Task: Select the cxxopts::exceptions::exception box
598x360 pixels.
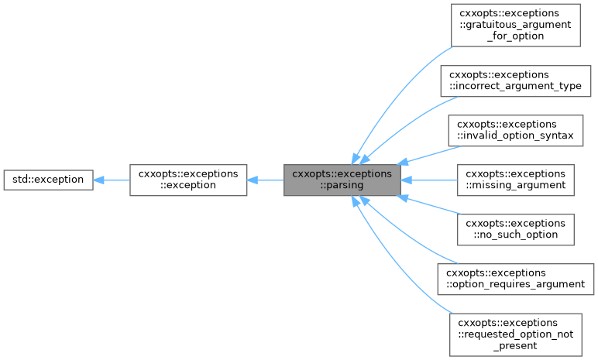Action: pos(188,180)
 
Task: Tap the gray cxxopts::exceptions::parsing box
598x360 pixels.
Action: pos(342,180)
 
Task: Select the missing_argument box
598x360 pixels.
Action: pos(515,180)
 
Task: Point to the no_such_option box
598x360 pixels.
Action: pos(515,229)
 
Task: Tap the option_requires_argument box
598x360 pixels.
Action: pos(515,279)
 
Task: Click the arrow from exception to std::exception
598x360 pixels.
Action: pos(111,180)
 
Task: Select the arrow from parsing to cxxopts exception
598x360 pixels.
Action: pos(265,180)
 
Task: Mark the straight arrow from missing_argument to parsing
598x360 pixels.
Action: pos(430,180)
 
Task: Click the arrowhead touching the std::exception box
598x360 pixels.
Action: pos(98,180)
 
